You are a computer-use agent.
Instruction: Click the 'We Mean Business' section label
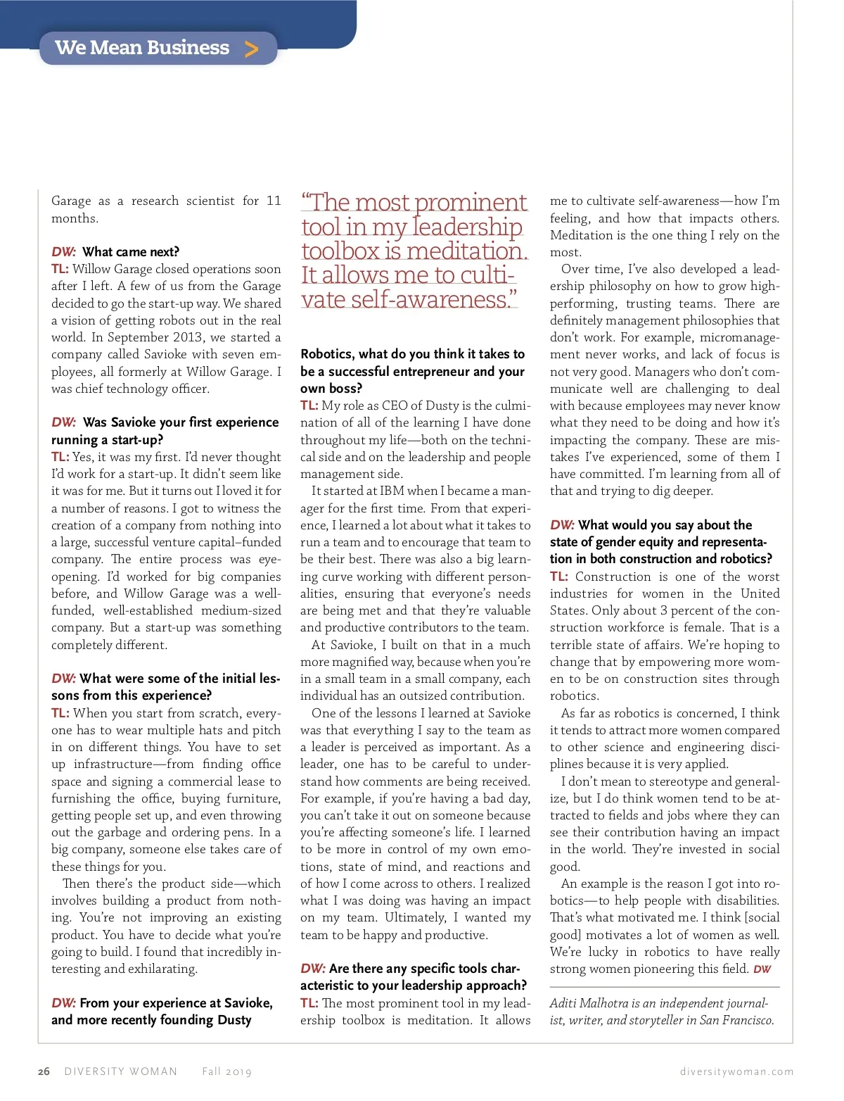point(142,48)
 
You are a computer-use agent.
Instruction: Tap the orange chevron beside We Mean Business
point(251,49)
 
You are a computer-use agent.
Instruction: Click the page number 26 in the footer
point(44,1071)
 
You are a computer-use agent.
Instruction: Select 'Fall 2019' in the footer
point(226,1071)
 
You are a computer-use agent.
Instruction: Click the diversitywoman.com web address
point(736,1071)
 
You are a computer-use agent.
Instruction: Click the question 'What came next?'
point(131,252)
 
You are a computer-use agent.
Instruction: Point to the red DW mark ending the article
point(762,969)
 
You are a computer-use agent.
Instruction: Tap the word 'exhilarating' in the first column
point(163,969)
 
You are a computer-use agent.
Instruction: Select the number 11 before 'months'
point(274,201)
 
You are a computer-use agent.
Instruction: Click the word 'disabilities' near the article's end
point(747,900)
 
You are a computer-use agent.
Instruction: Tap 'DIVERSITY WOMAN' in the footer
point(121,1071)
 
